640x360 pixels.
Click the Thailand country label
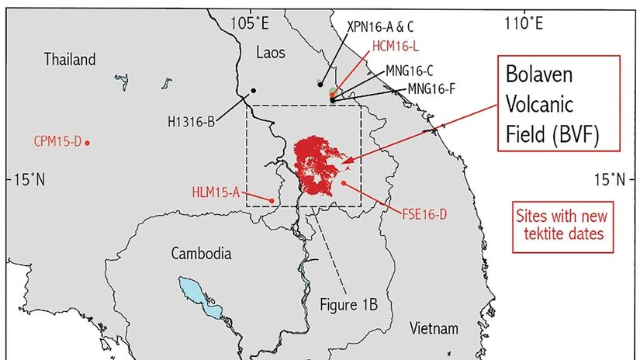tap(70, 60)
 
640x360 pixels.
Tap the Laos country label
tap(271, 52)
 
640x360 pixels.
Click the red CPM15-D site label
tap(57, 142)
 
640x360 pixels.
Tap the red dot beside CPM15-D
tap(88, 142)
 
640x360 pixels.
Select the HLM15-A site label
tap(216, 192)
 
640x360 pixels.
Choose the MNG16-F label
tap(431, 88)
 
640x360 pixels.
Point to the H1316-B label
tap(191, 120)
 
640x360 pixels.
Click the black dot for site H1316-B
tap(253, 91)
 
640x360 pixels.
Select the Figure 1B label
tap(348, 304)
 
